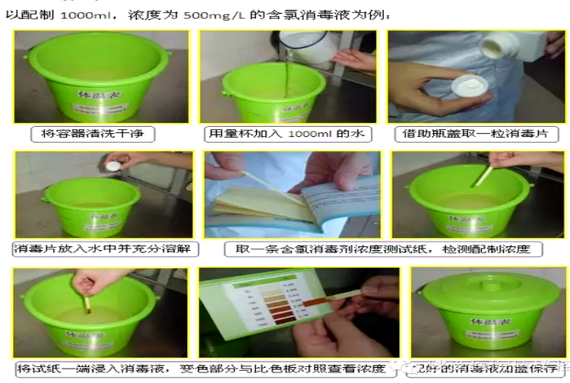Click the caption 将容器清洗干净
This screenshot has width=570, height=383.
pyautogui.click(x=97, y=135)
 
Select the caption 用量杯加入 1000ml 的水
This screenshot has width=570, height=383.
pyautogui.click(x=287, y=135)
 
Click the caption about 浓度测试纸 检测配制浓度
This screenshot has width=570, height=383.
pyautogui.click(x=383, y=248)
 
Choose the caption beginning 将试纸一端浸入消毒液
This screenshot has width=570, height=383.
pyautogui.click(x=202, y=369)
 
